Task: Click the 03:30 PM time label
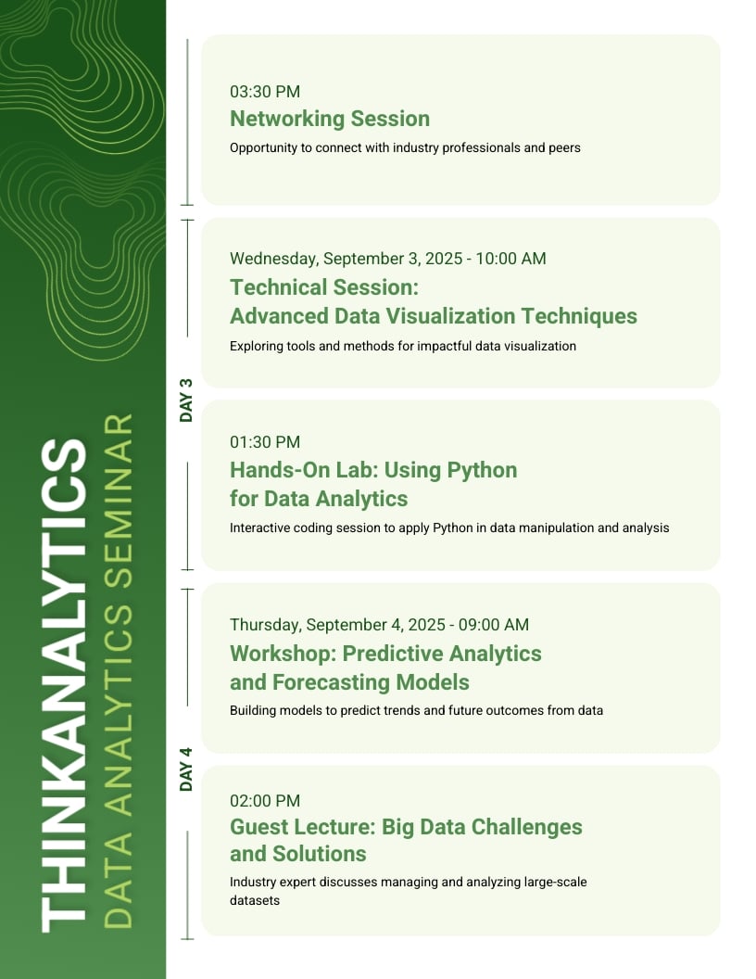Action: click(x=265, y=92)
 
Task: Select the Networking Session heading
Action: click(x=330, y=119)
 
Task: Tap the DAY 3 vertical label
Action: click(x=186, y=400)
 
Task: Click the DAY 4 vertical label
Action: click(x=186, y=769)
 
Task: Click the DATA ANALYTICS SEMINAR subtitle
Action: click(x=119, y=671)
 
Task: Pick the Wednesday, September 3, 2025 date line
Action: click(x=387, y=259)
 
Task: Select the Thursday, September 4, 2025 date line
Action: click(x=379, y=625)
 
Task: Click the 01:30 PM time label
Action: click(x=265, y=442)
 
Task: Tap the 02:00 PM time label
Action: click(x=265, y=800)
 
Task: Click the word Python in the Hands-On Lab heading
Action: click(x=482, y=470)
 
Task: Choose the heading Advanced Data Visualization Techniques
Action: click(x=434, y=316)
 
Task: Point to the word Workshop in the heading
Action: click(x=281, y=654)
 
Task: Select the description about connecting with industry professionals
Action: click(x=405, y=147)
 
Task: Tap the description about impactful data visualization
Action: click(x=403, y=346)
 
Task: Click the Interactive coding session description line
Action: click(x=449, y=528)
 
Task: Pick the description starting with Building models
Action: click(x=416, y=711)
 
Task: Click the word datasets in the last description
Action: click(x=255, y=900)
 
